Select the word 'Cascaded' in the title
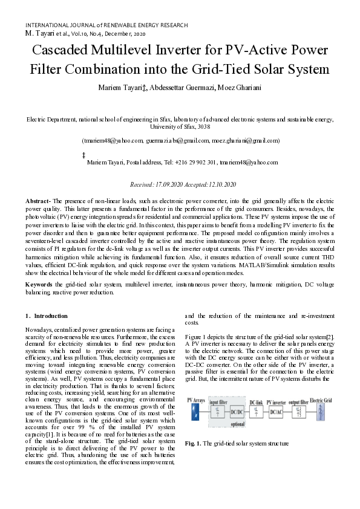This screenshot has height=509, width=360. point(60,50)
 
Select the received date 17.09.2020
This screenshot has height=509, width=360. point(171,184)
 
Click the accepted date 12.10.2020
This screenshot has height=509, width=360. point(223,184)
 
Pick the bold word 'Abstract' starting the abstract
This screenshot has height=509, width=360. point(38,200)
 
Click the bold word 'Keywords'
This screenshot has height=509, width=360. point(39,284)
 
